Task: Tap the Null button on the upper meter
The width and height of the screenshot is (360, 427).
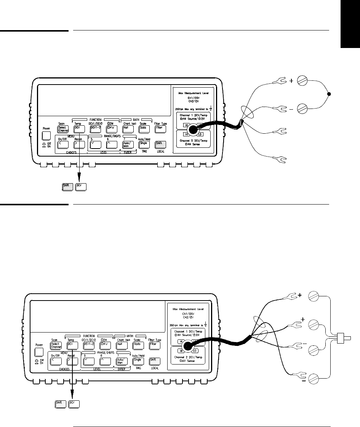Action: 126,128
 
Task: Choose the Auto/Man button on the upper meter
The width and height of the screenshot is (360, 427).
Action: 126,145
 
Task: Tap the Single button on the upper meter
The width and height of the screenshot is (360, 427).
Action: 143,145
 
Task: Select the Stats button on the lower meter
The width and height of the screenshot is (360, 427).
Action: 137,345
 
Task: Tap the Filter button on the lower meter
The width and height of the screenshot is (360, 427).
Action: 154,345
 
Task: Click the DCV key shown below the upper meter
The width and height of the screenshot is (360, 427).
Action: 80,187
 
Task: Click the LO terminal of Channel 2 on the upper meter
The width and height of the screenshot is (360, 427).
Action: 201,134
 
